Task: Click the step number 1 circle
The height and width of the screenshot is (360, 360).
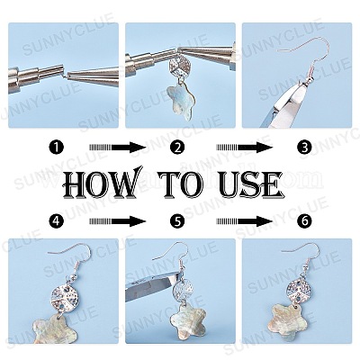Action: tap(57, 148)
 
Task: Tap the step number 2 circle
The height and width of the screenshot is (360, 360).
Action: tap(177, 148)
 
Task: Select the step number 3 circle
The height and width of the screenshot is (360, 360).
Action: tap(304, 148)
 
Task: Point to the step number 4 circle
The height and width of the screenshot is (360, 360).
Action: tap(57, 221)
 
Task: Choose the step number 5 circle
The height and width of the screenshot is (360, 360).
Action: tap(177, 221)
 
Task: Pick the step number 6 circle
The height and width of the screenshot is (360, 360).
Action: tap(304, 221)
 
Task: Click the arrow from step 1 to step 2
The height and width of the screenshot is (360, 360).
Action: tap(118, 148)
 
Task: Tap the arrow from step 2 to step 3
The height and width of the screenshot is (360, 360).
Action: tap(245, 148)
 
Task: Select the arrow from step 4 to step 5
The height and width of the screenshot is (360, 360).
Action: tap(118, 221)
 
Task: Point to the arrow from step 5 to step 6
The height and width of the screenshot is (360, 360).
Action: tap(245, 221)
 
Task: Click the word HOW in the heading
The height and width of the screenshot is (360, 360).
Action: tap(103, 184)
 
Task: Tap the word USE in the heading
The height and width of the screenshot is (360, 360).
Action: tap(251, 184)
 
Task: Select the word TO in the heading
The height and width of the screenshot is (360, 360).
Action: tap(181, 184)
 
